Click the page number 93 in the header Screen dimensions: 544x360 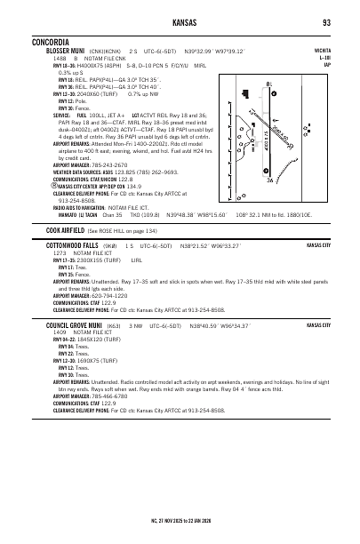pos(327,21)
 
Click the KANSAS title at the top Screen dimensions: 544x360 pos(179,21)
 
